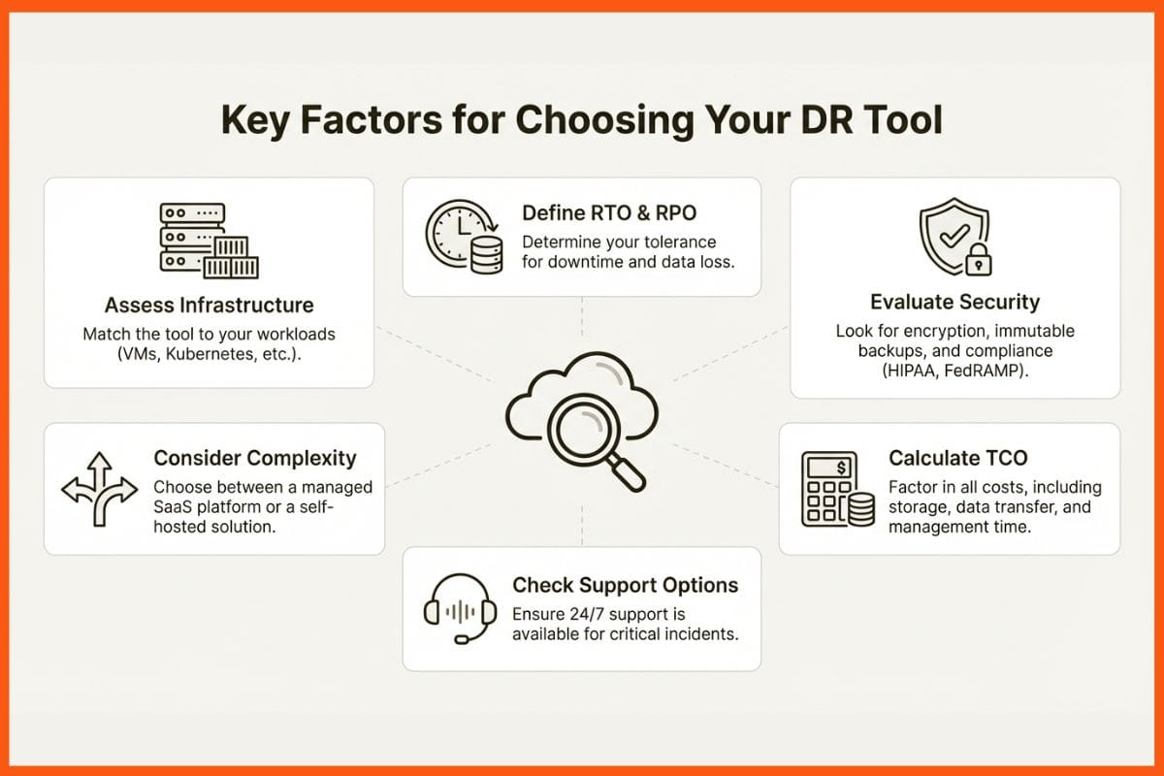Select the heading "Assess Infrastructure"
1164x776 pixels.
point(209,305)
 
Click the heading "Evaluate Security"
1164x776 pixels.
point(954,301)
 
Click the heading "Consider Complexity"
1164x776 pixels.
point(255,458)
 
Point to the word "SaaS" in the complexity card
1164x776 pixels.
point(175,506)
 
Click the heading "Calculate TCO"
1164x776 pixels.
point(957,458)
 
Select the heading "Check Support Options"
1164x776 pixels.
point(625,585)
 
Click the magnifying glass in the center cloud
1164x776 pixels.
point(589,428)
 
